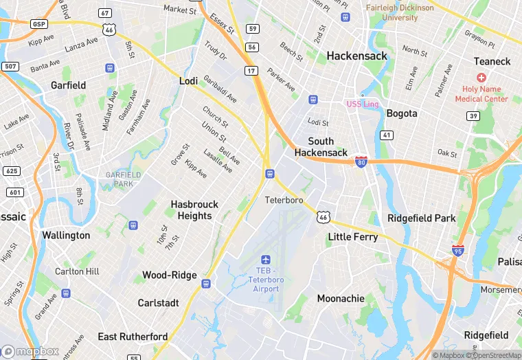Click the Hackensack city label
356,56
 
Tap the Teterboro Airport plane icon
266,260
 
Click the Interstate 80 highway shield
361,162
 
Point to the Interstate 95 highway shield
458,250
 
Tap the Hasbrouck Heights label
194,210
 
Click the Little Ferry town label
352,236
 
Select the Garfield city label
68,85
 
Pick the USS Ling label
363,104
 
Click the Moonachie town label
340,299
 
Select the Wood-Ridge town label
169,275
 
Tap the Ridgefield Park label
422,218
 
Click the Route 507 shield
10,67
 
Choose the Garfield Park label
123,179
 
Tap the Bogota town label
402,113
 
